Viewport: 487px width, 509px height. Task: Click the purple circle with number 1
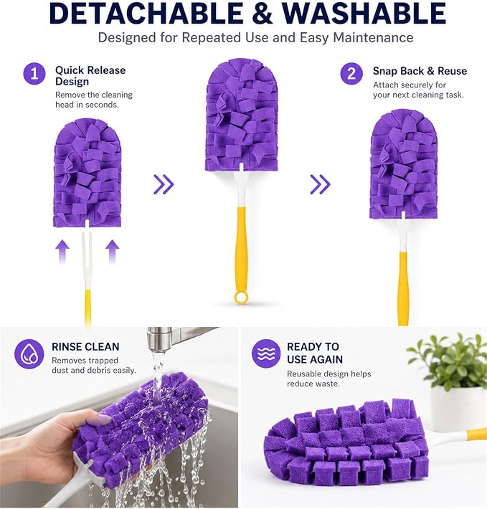coord(34,74)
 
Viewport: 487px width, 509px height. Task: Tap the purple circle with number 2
coord(351,74)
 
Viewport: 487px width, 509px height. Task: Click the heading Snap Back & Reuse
coord(420,71)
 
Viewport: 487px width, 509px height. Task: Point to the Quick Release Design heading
coord(90,76)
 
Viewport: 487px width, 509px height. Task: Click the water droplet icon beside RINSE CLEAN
coord(29,354)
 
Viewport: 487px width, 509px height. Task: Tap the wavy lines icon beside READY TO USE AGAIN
coord(266,353)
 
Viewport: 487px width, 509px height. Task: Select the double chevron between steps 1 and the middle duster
coord(164,184)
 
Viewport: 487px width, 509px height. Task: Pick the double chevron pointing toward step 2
coord(320,184)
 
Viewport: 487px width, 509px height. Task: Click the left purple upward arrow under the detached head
coord(62,252)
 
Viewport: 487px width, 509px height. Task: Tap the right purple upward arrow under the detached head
coord(113,252)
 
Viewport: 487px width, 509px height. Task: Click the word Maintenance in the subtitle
coord(374,38)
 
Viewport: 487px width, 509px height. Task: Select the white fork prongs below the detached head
coord(87,257)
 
